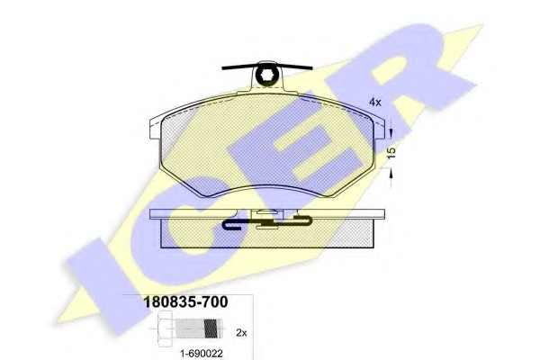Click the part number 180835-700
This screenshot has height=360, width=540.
click(x=185, y=302)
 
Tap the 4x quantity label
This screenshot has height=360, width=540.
click(x=375, y=103)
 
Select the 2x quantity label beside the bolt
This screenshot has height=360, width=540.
click(x=241, y=333)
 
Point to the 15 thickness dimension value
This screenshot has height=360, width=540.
click(x=391, y=153)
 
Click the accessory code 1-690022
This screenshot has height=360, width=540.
click(x=202, y=354)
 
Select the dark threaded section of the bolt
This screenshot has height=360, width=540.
click(x=211, y=328)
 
